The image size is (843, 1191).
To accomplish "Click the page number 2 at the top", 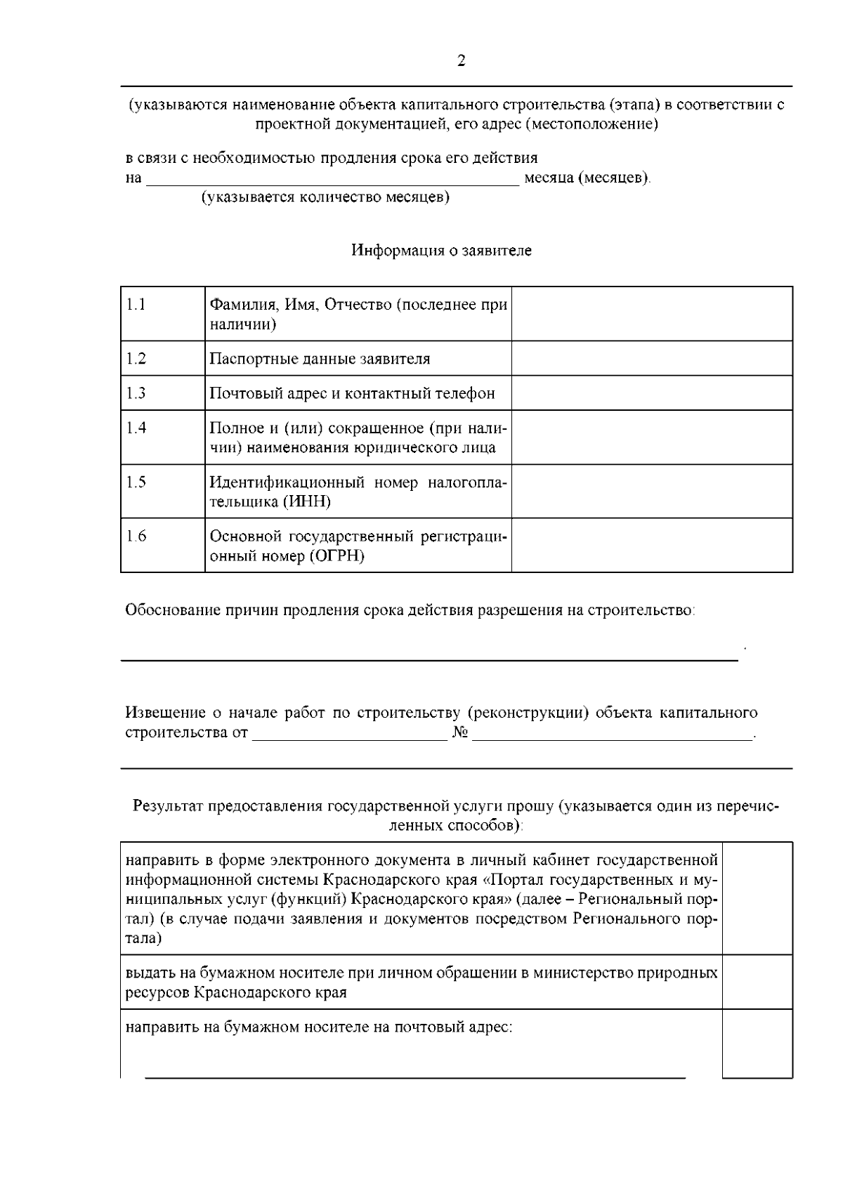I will pyautogui.click(x=461, y=61).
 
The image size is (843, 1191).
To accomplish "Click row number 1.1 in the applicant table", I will pyautogui.click(x=136, y=305).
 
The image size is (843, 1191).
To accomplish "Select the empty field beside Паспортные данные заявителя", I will pyautogui.click(x=651, y=359).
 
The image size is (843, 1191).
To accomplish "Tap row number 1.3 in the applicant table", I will pyautogui.click(x=136, y=393).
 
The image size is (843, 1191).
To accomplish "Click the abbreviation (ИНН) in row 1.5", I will pyautogui.click(x=306, y=502).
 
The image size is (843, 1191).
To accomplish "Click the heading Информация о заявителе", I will pyautogui.click(x=441, y=251).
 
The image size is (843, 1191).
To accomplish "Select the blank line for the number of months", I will pyautogui.click(x=332, y=179).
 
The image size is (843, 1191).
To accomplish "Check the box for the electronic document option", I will pyautogui.click(x=757, y=898).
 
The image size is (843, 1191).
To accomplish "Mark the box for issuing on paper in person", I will pyautogui.click(x=757, y=982).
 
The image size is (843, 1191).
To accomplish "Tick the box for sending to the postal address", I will pyautogui.click(x=757, y=1044).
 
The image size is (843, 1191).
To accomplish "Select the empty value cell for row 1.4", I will pyautogui.click(x=651, y=437).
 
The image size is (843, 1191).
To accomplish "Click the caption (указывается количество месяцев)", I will pyautogui.click(x=326, y=197).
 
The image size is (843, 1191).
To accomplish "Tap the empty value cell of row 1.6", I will pyautogui.click(x=651, y=546).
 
